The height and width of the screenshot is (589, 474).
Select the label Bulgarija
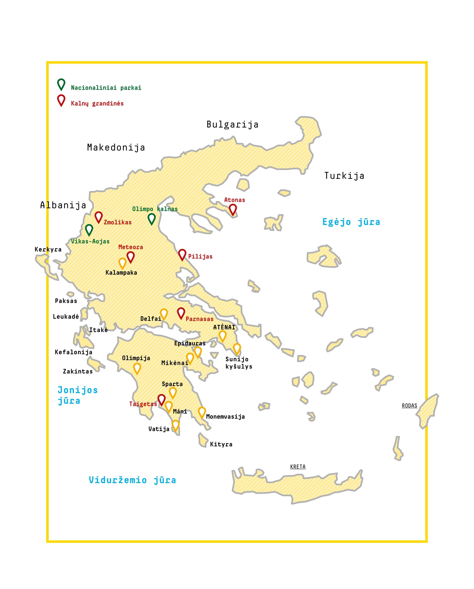point(232,125)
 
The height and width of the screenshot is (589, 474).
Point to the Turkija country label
point(344,176)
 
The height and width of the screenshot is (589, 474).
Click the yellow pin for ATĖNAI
point(222,336)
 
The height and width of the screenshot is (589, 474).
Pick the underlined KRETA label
point(298,467)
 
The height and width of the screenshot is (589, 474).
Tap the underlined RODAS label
point(409,406)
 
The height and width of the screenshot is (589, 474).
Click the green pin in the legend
point(61,84)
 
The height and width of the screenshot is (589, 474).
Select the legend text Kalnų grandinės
point(97,104)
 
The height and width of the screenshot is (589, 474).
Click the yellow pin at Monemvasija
point(202,412)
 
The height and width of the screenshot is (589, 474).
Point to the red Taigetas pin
point(162,399)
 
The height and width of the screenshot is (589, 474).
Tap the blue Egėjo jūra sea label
point(351,222)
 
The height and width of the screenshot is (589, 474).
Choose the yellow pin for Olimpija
point(137,368)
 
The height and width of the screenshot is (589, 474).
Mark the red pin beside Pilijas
point(182,254)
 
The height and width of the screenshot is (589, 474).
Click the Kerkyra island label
point(48,249)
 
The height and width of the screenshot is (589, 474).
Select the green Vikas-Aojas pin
point(89,230)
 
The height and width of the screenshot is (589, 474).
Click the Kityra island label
point(221,444)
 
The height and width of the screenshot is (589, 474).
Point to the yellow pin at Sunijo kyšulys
point(237,349)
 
